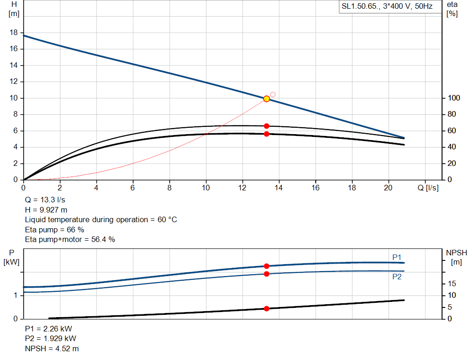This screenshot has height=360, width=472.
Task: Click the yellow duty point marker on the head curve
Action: coord(266,99)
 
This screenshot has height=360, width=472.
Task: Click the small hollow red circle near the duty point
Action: coord(272,94)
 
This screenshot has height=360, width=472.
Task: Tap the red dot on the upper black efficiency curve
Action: coord(266,126)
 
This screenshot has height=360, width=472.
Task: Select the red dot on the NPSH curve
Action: coord(266,308)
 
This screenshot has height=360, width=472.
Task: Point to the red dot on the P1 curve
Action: coord(266,266)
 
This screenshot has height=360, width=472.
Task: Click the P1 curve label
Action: coord(397,257)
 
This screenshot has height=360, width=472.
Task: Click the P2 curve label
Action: coord(397,277)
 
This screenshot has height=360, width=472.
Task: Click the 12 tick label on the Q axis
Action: coord(242,188)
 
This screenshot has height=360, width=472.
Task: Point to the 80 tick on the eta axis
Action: coord(452,114)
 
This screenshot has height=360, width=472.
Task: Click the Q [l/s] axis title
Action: coord(428,188)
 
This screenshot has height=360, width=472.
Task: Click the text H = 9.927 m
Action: coord(46,210)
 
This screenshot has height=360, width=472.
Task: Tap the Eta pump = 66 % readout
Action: coord(54,229)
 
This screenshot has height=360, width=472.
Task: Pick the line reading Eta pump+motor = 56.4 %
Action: coord(70,239)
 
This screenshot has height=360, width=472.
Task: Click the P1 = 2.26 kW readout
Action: coord(48,329)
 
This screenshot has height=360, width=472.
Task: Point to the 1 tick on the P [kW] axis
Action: coord(15,295)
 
